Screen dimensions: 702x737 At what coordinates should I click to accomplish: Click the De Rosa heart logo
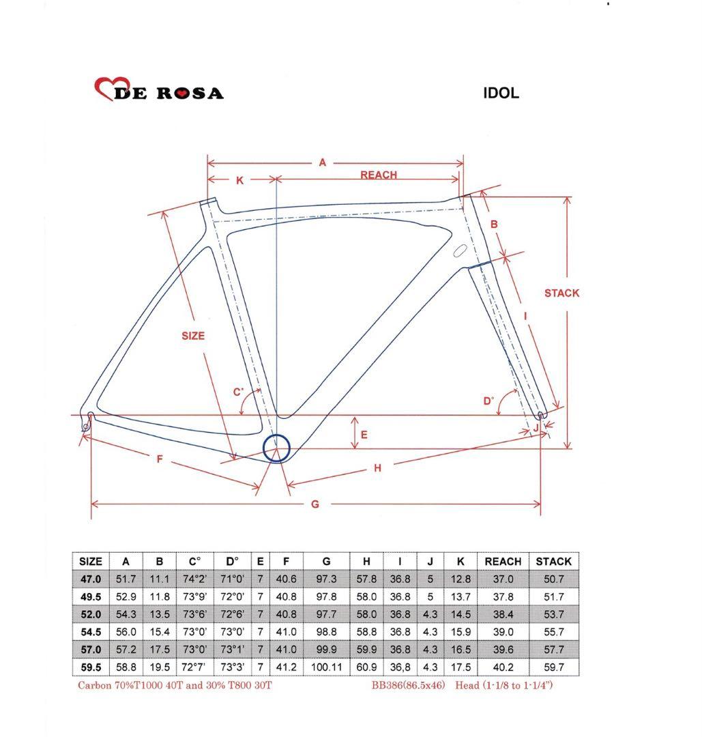tap(111, 88)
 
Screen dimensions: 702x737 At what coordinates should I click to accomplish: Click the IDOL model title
tap(501, 93)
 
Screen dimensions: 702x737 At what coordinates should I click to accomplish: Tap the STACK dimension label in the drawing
tap(561, 293)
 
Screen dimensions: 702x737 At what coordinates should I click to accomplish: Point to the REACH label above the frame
tap(379, 175)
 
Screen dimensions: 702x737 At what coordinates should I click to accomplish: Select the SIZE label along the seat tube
tap(193, 336)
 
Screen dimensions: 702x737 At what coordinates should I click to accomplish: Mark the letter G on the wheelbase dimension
tap(315, 504)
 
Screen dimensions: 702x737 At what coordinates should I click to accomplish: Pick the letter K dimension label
tap(239, 180)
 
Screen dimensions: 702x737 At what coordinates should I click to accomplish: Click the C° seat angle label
tap(239, 392)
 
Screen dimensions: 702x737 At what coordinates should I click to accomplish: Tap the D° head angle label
tap(488, 401)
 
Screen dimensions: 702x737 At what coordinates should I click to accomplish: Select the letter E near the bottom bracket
tap(364, 435)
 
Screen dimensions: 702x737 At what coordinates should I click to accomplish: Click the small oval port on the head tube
tap(460, 250)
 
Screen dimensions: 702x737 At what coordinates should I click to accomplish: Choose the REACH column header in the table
tap(503, 562)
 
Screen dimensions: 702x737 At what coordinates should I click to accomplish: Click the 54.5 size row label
tap(91, 632)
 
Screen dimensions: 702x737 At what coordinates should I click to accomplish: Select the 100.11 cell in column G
tap(327, 667)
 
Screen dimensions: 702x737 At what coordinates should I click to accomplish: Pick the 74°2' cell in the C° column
tap(194, 579)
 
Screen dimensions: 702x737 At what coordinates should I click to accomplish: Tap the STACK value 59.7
tap(553, 667)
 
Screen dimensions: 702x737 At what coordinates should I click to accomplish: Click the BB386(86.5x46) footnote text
tap(408, 685)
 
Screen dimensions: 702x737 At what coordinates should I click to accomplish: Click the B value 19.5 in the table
tap(160, 667)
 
